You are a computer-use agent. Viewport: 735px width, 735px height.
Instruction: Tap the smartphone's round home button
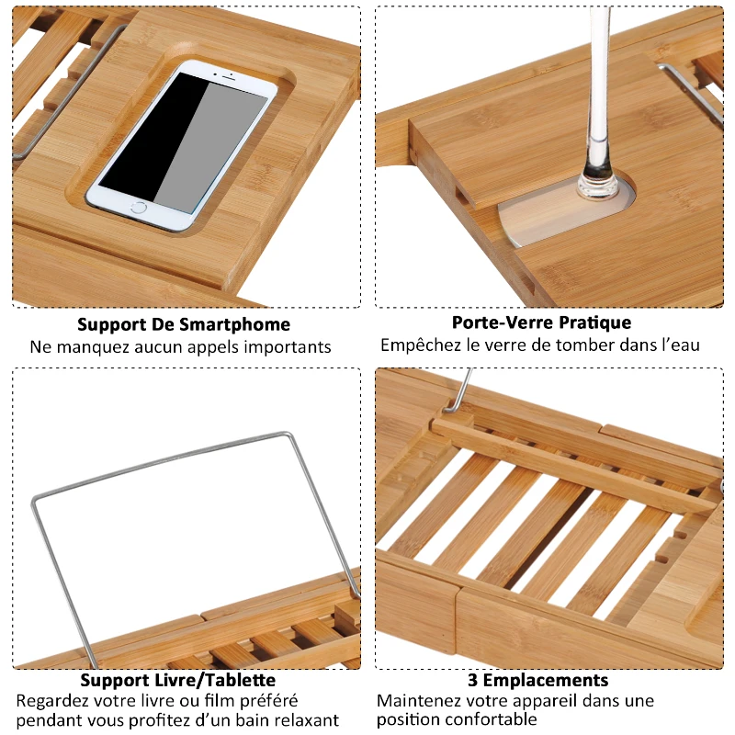[x=137, y=207]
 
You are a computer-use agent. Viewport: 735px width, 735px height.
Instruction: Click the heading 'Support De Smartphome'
[x=184, y=324]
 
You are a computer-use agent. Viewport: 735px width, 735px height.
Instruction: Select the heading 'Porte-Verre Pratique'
[x=541, y=322]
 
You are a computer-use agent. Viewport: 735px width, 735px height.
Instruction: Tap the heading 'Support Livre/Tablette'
[x=177, y=680]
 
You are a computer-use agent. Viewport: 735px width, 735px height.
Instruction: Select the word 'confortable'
[x=486, y=719]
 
